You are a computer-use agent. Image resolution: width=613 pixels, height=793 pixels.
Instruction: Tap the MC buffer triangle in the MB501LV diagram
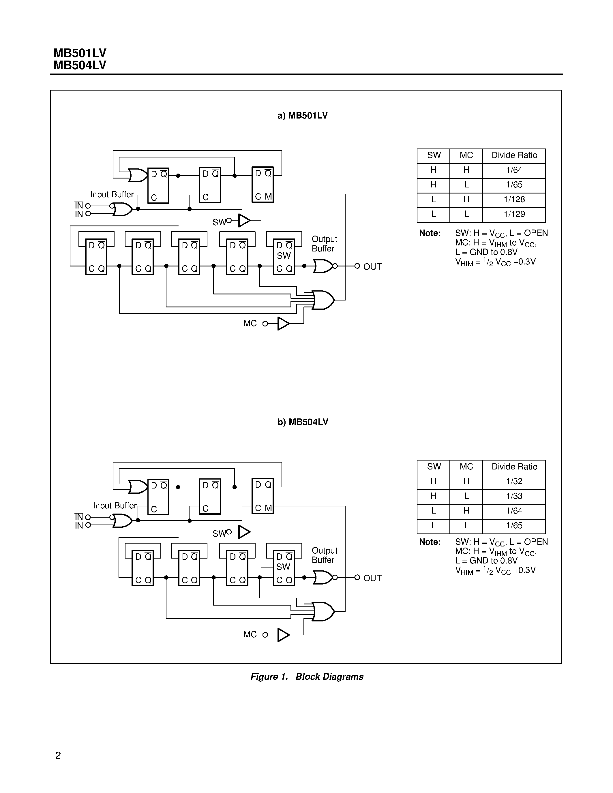[x=283, y=324]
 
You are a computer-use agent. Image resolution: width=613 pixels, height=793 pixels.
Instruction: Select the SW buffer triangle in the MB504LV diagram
[x=244, y=532]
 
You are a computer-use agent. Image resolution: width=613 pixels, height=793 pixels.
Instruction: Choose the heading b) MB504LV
[x=303, y=422]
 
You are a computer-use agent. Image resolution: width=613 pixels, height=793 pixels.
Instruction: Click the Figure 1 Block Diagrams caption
[x=307, y=677]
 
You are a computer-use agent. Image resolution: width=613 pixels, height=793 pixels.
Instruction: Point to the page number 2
[x=58, y=756]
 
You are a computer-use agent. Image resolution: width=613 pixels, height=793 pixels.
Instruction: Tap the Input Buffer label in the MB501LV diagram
[x=112, y=195]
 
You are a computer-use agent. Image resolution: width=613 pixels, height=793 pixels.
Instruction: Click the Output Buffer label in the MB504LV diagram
[x=324, y=555]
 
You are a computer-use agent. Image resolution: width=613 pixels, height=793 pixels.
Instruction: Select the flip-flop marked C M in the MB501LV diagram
[x=263, y=185]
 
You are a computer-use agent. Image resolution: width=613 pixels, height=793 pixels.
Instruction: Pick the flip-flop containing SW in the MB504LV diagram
[x=284, y=568]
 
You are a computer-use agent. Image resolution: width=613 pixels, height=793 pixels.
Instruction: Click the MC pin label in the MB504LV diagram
[x=250, y=635]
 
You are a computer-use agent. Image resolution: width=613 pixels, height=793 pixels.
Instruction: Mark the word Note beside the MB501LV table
[x=430, y=233]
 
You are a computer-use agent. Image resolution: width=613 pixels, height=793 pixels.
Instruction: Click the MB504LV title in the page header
[x=80, y=65]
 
